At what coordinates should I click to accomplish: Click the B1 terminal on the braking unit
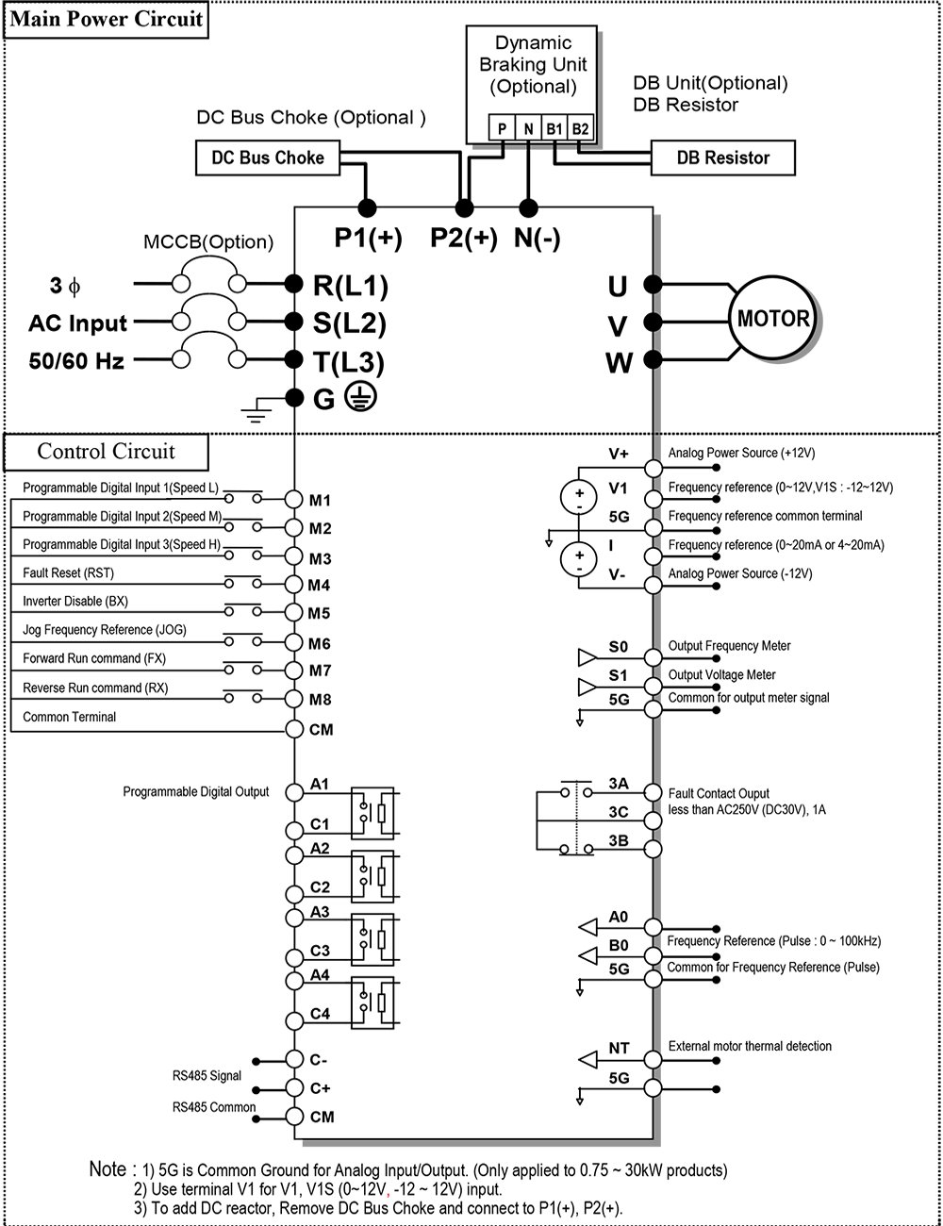pyautogui.click(x=554, y=128)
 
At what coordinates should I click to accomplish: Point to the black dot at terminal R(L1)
pyautogui.click(x=293, y=284)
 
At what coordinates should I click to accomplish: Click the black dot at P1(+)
pyautogui.click(x=367, y=208)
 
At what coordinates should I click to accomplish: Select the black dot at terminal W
pyautogui.click(x=653, y=359)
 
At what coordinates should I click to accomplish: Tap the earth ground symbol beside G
pyautogui.click(x=361, y=397)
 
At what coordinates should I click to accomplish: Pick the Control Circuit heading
pyautogui.click(x=106, y=452)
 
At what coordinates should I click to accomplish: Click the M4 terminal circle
pyautogui.click(x=294, y=584)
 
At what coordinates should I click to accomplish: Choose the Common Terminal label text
pyautogui.click(x=70, y=717)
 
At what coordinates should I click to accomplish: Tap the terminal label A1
pyautogui.click(x=320, y=784)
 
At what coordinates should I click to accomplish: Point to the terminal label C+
pyautogui.click(x=320, y=1087)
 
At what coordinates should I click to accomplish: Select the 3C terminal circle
pyautogui.click(x=653, y=820)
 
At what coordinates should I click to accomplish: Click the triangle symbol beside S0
pyautogui.click(x=587, y=657)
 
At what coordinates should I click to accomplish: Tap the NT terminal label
pyautogui.click(x=619, y=1048)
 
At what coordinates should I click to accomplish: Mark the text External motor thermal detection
pyautogui.click(x=750, y=1046)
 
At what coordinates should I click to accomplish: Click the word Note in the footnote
pyautogui.click(x=108, y=1169)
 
